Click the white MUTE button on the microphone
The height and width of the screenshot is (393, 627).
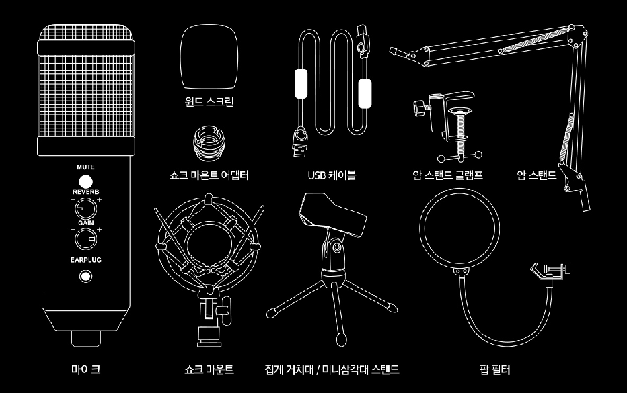click(x=85, y=181)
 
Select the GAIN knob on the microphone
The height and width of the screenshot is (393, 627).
click(x=85, y=238)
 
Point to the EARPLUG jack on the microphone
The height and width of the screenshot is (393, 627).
click(x=85, y=275)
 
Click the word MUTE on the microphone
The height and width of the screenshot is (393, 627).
click(x=85, y=166)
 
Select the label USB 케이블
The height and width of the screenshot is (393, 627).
click(x=332, y=175)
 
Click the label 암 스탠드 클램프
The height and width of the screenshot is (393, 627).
click(x=447, y=175)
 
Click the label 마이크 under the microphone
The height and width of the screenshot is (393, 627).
click(x=85, y=369)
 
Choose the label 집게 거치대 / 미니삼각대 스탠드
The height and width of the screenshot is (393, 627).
click(x=332, y=369)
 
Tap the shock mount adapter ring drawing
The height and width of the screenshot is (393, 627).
click(x=209, y=142)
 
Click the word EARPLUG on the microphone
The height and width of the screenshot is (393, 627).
click(x=85, y=259)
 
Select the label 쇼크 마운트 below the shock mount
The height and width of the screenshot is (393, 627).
click(x=209, y=369)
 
